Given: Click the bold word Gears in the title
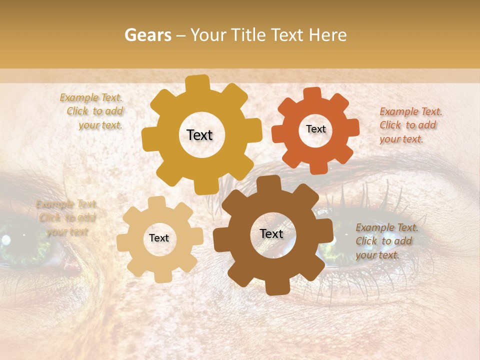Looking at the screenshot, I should tap(147, 35).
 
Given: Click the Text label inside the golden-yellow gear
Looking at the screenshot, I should tap(199, 135).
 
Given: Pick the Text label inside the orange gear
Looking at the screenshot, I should tap(316, 129).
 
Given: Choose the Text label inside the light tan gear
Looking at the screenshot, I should tap(159, 238).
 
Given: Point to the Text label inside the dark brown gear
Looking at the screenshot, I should tap(271, 233).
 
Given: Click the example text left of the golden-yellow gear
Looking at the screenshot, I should tap(92, 111).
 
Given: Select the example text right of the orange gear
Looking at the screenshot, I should tap(409, 125).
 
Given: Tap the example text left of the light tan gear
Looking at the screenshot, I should tap(67, 217).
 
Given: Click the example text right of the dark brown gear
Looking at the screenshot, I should tap(385, 241).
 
